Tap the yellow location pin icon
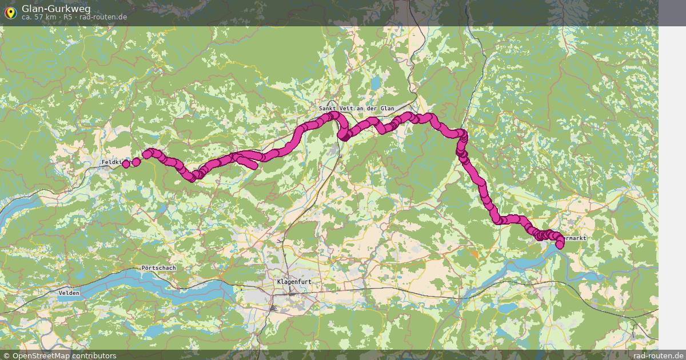coord(10,11)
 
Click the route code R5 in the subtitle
coord(67,17)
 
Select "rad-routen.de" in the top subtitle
coord(103,17)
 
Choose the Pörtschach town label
coord(158,268)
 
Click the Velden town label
coord(69,293)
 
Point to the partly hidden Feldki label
coord(111,163)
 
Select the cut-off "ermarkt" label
coord(575,238)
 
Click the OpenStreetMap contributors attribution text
coord(64,355)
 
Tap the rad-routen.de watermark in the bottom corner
coord(659,355)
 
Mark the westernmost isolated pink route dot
coord(126,164)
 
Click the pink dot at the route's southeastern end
coord(560,245)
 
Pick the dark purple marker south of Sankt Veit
coord(345,136)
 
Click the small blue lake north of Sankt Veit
coord(375,83)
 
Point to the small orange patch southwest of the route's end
coord(474,253)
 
